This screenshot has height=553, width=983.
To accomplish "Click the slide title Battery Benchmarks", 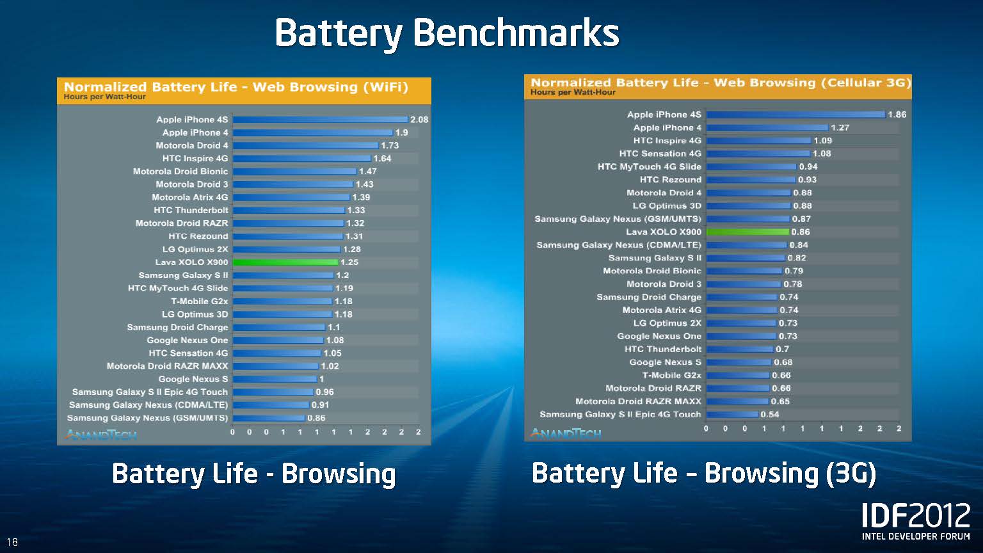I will (x=447, y=33).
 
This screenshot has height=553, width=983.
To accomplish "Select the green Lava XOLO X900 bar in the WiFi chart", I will (x=285, y=262).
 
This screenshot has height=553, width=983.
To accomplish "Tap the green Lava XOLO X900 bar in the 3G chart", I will (x=747, y=232).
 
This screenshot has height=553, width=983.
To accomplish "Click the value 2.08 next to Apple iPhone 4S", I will (x=419, y=120).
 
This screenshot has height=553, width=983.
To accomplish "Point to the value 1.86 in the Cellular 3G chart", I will (x=897, y=115).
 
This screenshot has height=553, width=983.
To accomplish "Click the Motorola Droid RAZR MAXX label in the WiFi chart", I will (x=167, y=366).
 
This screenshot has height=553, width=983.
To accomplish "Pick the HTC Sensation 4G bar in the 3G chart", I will (x=758, y=154).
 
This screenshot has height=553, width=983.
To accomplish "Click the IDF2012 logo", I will (x=916, y=520).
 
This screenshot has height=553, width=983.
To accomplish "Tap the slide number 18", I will (x=12, y=542).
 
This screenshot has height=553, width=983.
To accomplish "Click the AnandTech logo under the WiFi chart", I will (x=101, y=435).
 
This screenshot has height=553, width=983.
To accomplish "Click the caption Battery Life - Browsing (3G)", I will (x=703, y=474).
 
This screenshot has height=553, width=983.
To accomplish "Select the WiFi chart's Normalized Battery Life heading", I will (x=236, y=87).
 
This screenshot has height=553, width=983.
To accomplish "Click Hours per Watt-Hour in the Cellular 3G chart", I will (x=573, y=92).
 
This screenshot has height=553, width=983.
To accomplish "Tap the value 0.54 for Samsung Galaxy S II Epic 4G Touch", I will (x=769, y=414).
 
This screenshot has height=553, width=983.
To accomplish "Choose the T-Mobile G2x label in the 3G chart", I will (x=671, y=375).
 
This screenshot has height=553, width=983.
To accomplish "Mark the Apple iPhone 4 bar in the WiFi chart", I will (x=312, y=132).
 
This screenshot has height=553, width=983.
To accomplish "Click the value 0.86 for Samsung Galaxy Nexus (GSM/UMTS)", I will (x=316, y=418).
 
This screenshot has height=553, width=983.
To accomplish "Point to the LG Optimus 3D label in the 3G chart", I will (x=666, y=205).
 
